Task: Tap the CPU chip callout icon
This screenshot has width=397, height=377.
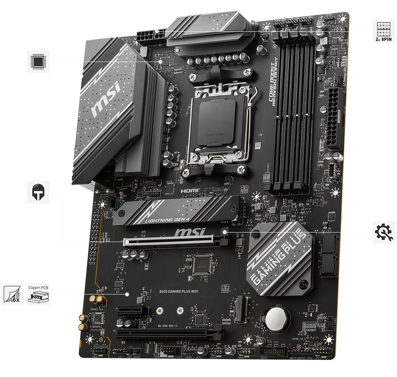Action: (x=38, y=61)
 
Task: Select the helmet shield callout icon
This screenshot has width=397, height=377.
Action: (x=38, y=192)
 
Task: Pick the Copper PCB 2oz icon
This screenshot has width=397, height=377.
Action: (x=38, y=294)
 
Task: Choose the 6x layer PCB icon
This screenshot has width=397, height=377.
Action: (x=11, y=294)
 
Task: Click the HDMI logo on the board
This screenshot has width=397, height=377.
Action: (x=191, y=191)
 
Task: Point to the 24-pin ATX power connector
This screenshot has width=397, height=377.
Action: (x=335, y=119)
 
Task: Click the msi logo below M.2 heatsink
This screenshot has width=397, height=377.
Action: (x=190, y=231)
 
